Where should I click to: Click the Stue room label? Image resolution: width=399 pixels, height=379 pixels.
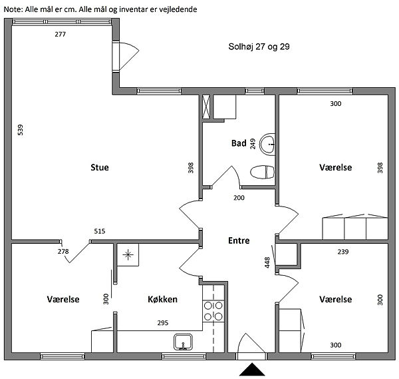click(100, 167)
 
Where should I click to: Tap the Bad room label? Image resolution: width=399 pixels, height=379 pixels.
click(239, 143)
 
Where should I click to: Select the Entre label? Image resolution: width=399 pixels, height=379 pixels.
click(239, 240)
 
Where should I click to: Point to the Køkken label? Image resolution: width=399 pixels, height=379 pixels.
click(163, 299)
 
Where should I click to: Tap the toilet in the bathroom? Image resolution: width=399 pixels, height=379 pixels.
click(262, 172)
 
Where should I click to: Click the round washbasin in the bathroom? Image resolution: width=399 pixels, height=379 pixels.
click(267, 145)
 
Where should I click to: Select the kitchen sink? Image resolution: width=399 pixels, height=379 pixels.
click(183, 342)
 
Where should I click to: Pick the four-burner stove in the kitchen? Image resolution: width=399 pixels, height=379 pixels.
click(213, 311)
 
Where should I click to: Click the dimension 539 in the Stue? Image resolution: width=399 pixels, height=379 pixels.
click(20, 130)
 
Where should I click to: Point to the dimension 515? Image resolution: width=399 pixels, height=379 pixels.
click(100, 231)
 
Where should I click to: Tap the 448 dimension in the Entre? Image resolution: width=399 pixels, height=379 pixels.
click(267, 262)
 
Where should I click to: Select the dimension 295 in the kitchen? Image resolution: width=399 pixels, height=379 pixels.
click(163, 323)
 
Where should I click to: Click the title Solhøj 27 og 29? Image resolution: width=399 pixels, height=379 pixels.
click(259, 47)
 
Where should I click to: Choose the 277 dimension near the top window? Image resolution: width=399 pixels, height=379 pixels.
click(60, 34)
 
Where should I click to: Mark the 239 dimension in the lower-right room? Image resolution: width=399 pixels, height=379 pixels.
click(342, 252)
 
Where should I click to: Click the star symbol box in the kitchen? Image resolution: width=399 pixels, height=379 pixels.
click(128, 255)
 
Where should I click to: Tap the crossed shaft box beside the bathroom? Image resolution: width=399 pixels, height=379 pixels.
click(206, 107)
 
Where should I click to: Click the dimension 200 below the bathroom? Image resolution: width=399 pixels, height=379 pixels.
click(239, 198)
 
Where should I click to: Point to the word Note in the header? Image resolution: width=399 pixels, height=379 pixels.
click(13, 9)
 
